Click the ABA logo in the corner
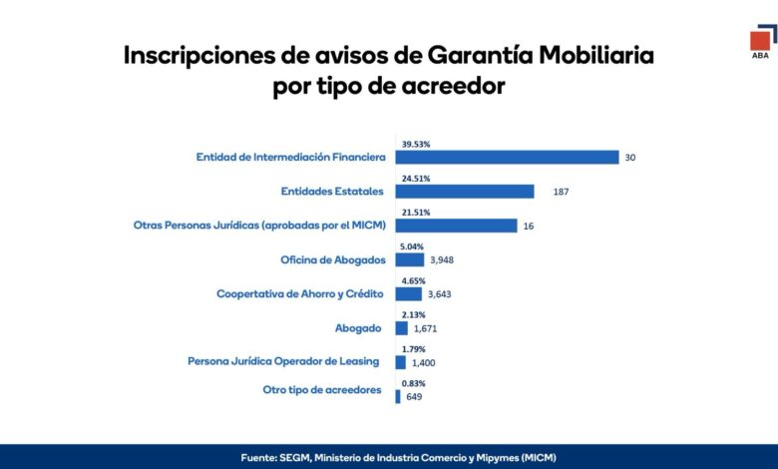[763, 42]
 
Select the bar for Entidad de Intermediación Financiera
[507, 158]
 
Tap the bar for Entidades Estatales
[465, 192]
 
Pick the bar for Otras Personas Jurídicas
[456, 226]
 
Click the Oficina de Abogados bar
[410, 260]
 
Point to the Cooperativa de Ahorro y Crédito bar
[408, 294]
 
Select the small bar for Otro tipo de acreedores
[398, 396]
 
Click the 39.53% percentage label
[416, 145]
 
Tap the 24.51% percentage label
[416, 179]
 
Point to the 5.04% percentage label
[412, 246]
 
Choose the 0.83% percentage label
[413, 383]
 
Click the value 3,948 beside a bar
[442, 260]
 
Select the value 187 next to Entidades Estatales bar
[561, 192]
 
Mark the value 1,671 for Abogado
[425, 328]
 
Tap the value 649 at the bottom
[414, 397]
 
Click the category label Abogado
[358, 328]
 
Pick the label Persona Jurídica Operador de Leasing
[283, 361]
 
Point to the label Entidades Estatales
[332, 191]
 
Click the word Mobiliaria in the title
[596, 55]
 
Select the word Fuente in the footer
[258, 458]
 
